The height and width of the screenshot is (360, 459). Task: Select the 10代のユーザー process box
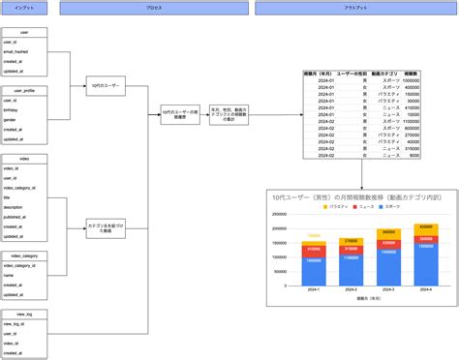(x=104, y=86)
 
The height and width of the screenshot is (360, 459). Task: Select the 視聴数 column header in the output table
(x=410, y=74)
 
